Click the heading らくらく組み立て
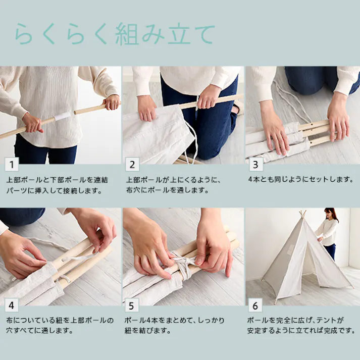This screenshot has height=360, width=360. pos(115,34)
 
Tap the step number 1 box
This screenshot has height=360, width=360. pos(11,164)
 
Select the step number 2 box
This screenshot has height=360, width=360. pos(133,164)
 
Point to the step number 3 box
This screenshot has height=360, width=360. pos(255,164)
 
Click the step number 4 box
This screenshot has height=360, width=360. pos(11,305)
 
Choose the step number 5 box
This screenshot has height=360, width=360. pos(133,305)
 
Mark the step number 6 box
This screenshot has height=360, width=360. pos(255,305)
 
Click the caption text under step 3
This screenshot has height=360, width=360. pos(300,179)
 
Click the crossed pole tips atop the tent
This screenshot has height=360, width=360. pos(302,214)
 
